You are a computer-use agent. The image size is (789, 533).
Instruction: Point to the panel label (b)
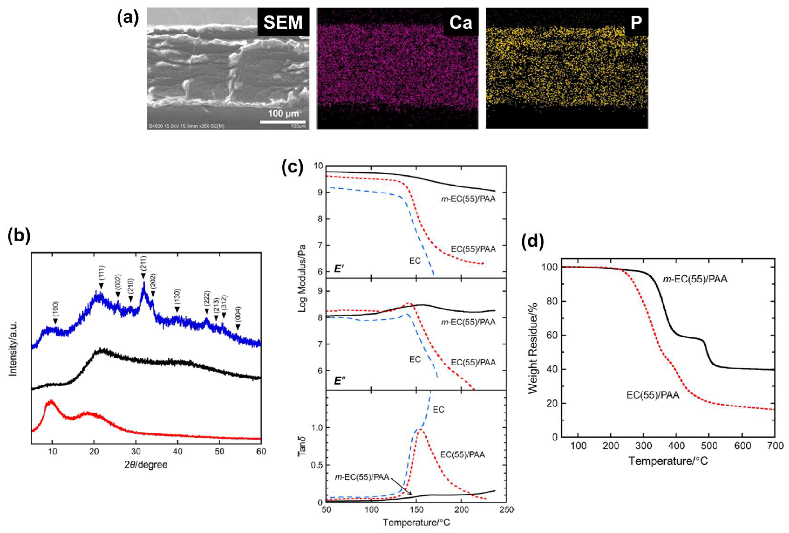pyautogui.click(x=19, y=236)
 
